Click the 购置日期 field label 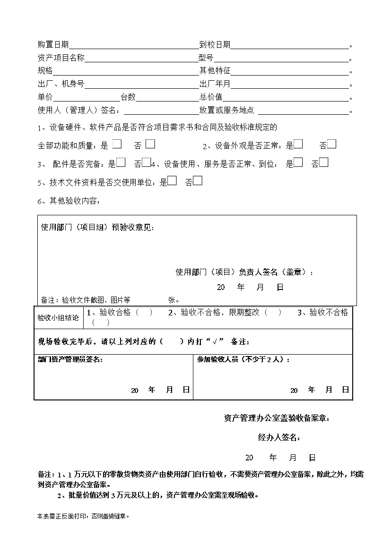(53, 45)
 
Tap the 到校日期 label (215, 45)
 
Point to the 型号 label (206, 59)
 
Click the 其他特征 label (215, 71)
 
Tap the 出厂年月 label (215, 85)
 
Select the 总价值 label (211, 97)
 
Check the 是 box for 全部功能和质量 (117, 144)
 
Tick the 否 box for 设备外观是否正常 (331, 144)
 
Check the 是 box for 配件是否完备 (121, 162)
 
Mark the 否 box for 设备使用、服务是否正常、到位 (324, 162)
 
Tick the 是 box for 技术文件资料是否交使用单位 (173, 180)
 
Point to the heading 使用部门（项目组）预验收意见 (97, 228)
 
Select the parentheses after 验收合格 (144, 313)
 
